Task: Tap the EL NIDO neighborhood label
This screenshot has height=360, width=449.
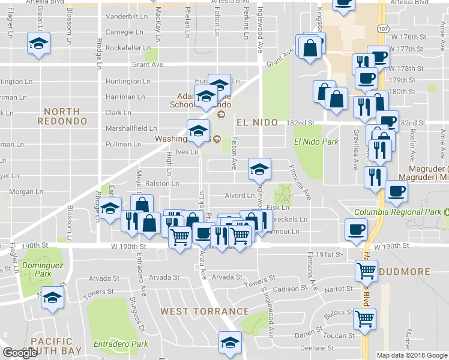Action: click(x=257, y=122)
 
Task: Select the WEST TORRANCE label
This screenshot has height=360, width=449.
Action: click(x=205, y=311)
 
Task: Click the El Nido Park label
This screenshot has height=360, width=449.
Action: click(x=316, y=142)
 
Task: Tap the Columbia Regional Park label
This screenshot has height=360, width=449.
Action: click(x=398, y=212)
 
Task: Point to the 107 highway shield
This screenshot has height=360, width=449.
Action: click(x=383, y=28)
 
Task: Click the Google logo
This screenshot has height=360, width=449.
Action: click(x=20, y=353)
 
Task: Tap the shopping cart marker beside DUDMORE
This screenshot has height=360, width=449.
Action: click(x=366, y=271)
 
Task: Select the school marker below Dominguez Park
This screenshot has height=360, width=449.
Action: click(x=53, y=298)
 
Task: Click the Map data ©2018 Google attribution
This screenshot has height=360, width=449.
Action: click(x=411, y=355)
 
